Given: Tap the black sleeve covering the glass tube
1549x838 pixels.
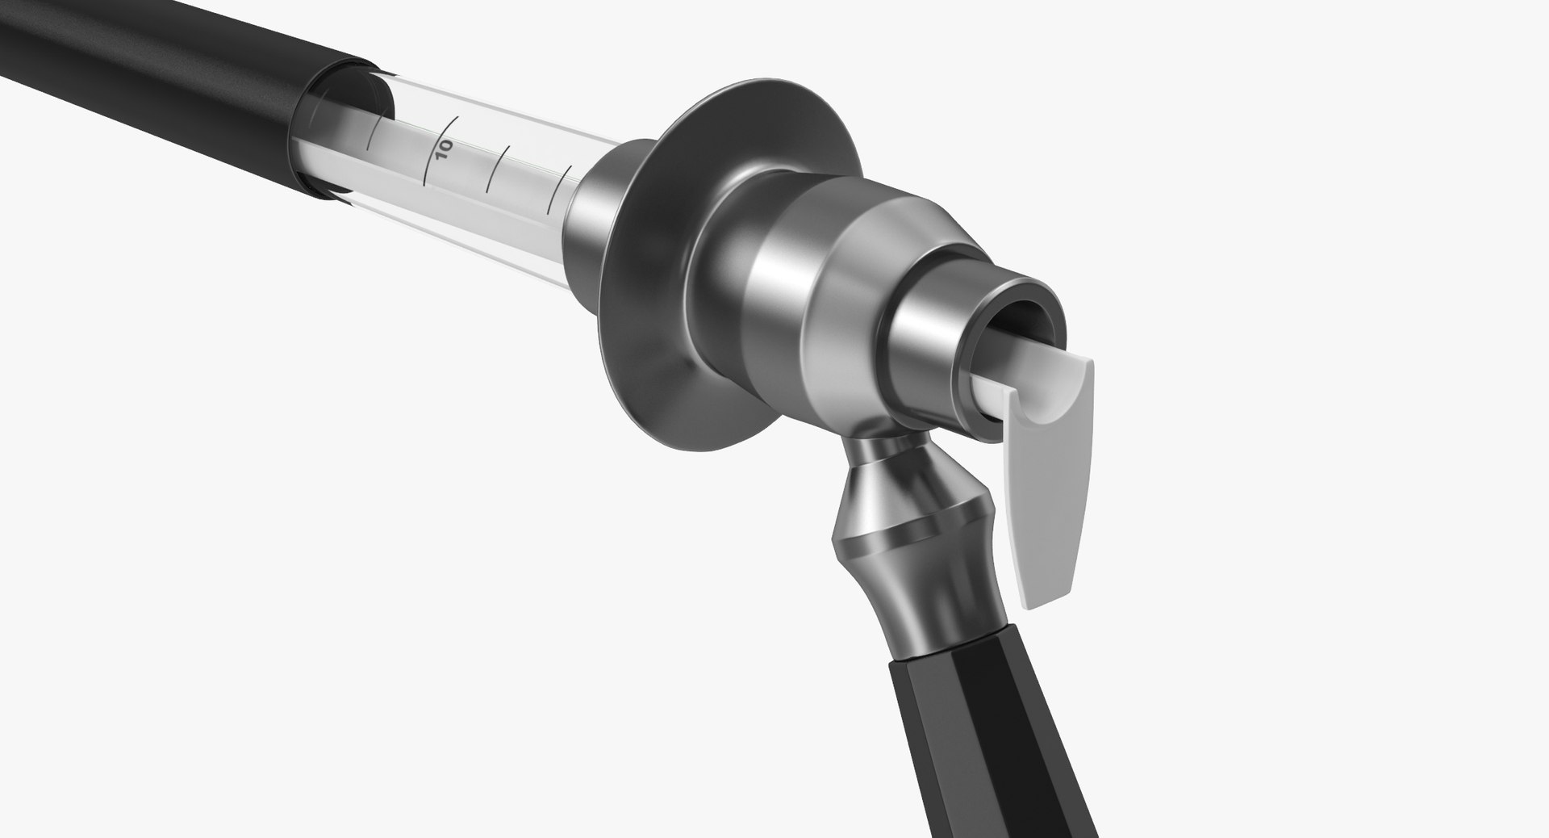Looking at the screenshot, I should click(x=161, y=81).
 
